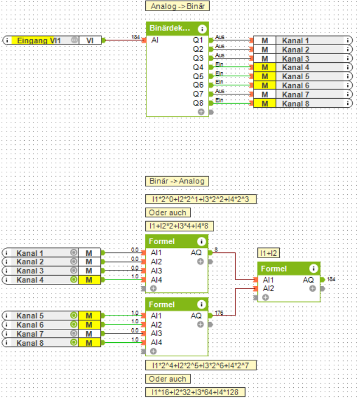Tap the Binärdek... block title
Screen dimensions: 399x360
[x=169, y=28]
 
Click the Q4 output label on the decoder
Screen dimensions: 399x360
[x=198, y=67]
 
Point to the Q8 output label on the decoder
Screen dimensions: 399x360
[x=198, y=103]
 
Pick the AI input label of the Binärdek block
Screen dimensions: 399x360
[x=155, y=40]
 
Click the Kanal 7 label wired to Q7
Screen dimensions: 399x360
[x=296, y=94]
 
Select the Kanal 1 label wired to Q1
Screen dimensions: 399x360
[x=296, y=40]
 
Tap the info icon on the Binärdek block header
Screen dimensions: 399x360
[x=202, y=28]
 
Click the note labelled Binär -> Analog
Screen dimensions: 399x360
[x=177, y=181]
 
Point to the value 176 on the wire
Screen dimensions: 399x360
[x=219, y=313]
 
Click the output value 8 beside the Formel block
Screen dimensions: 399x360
[x=216, y=250]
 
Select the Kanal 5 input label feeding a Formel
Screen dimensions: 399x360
[x=30, y=316]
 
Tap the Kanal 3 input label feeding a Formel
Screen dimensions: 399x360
[x=30, y=271]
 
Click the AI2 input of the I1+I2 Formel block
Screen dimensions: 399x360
[x=269, y=288]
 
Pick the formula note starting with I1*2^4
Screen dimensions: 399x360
[x=200, y=365]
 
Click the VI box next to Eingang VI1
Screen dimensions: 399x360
[x=89, y=40]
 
